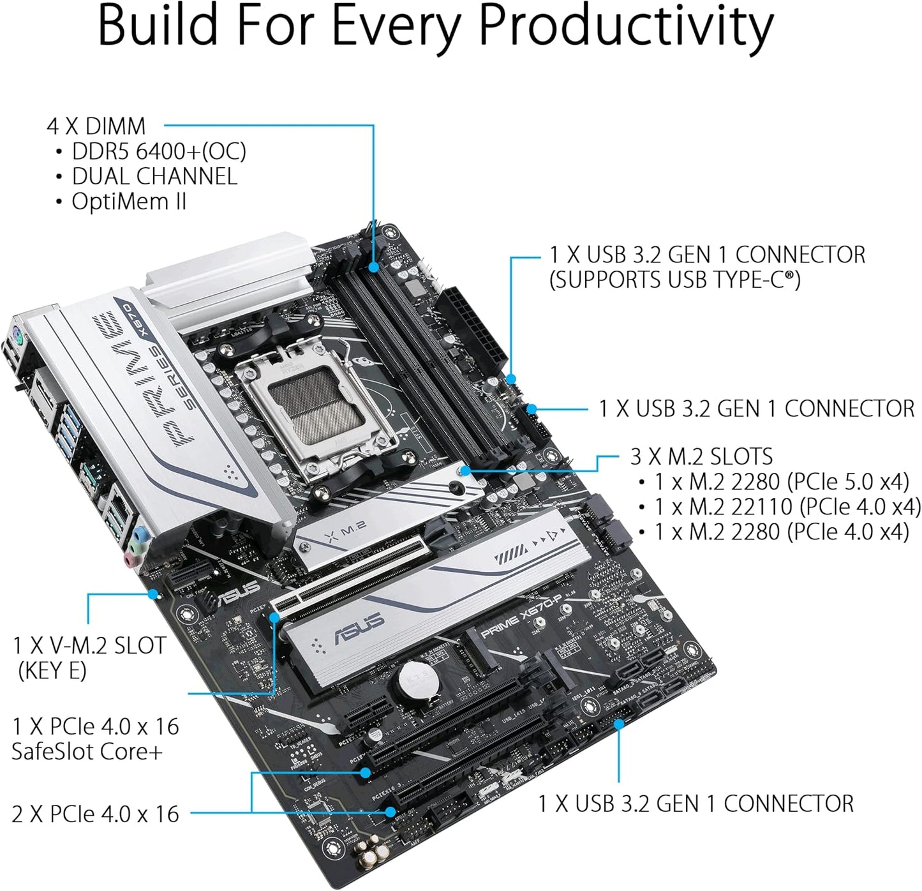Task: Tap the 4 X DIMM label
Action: pos(96,126)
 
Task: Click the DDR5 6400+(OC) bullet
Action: pos(158,151)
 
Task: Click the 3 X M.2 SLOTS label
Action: pos(701,456)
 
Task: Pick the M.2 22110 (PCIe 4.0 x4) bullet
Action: pos(787,507)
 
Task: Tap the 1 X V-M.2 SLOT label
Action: pos(89,645)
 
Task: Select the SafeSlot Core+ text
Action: pos(87,751)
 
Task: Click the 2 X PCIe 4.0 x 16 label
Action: pos(95,814)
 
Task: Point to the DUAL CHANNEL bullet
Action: pos(154,176)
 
